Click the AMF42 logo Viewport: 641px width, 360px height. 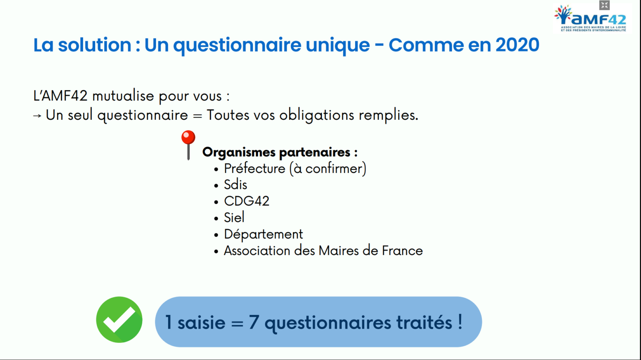pyautogui.click(x=591, y=18)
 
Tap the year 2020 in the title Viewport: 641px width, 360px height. pyautogui.click(x=517, y=45)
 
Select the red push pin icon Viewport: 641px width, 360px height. pyautogui.click(x=188, y=145)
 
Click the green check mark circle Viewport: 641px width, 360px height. pyautogui.click(x=119, y=319)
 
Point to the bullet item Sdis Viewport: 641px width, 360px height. pyautogui.click(x=235, y=185)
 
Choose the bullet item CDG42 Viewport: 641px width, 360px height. pyautogui.click(x=246, y=201)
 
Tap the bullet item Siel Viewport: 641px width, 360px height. pyautogui.click(x=234, y=217)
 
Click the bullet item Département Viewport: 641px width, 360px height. pyautogui.click(x=263, y=234)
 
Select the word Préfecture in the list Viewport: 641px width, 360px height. pyautogui.click(x=255, y=168)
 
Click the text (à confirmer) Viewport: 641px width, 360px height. pyautogui.click(x=328, y=169)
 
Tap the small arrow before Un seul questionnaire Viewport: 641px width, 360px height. pyautogui.click(x=37, y=116)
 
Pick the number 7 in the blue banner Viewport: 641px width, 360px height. pyautogui.click(x=254, y=322)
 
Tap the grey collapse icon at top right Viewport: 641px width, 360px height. pyautogui.click(x=604, y=5)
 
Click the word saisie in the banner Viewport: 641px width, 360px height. pyautogui.click(x=202, y=322)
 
